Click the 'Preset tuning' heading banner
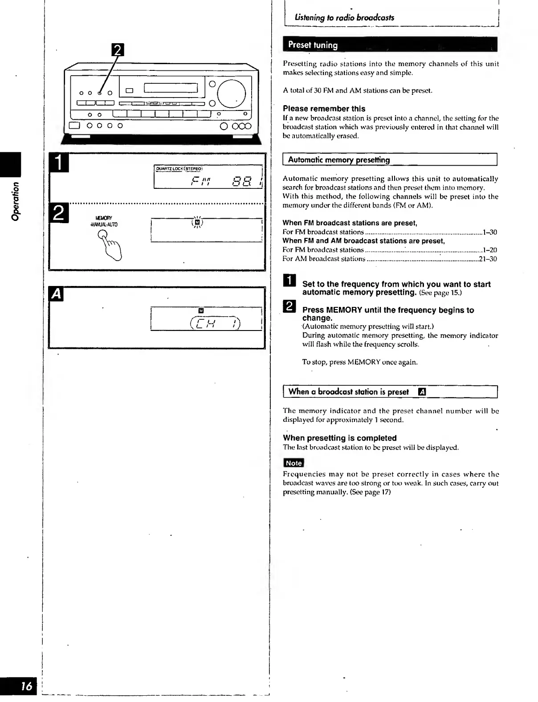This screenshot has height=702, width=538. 313,45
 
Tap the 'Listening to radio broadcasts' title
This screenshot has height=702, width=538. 344,18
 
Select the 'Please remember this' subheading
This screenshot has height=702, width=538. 324,109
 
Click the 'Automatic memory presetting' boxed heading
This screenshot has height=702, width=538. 339,160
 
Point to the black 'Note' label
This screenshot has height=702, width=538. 293,463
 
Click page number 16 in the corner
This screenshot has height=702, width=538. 27,686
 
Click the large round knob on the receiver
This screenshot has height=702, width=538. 231,94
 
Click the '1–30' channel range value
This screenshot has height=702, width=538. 490,232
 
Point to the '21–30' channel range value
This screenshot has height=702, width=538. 488,259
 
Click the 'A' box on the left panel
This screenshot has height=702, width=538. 57,294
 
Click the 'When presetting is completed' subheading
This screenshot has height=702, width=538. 339,438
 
